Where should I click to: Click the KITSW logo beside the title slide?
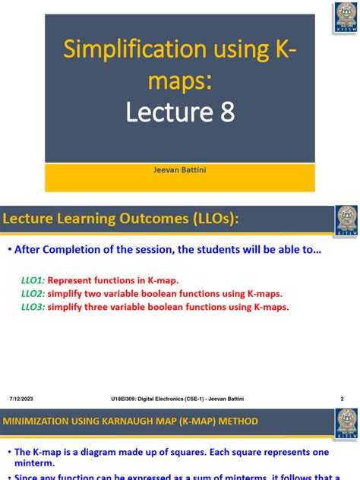[346, 18]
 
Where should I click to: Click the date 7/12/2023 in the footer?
[21, 399]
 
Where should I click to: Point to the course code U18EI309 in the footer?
[126, 399]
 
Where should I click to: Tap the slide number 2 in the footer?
[342, 399]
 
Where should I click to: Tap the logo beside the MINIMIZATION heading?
[346, 422]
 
